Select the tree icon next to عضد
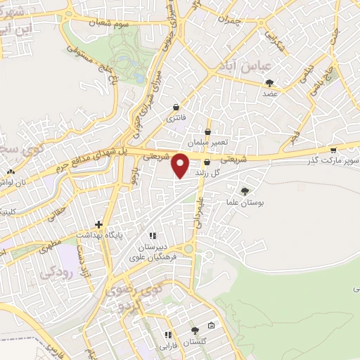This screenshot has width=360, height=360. coord(269,83)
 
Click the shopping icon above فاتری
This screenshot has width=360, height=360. coord(176,107)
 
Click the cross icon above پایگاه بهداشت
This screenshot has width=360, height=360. coord(99,224)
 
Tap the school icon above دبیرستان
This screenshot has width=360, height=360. coord(152,236)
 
